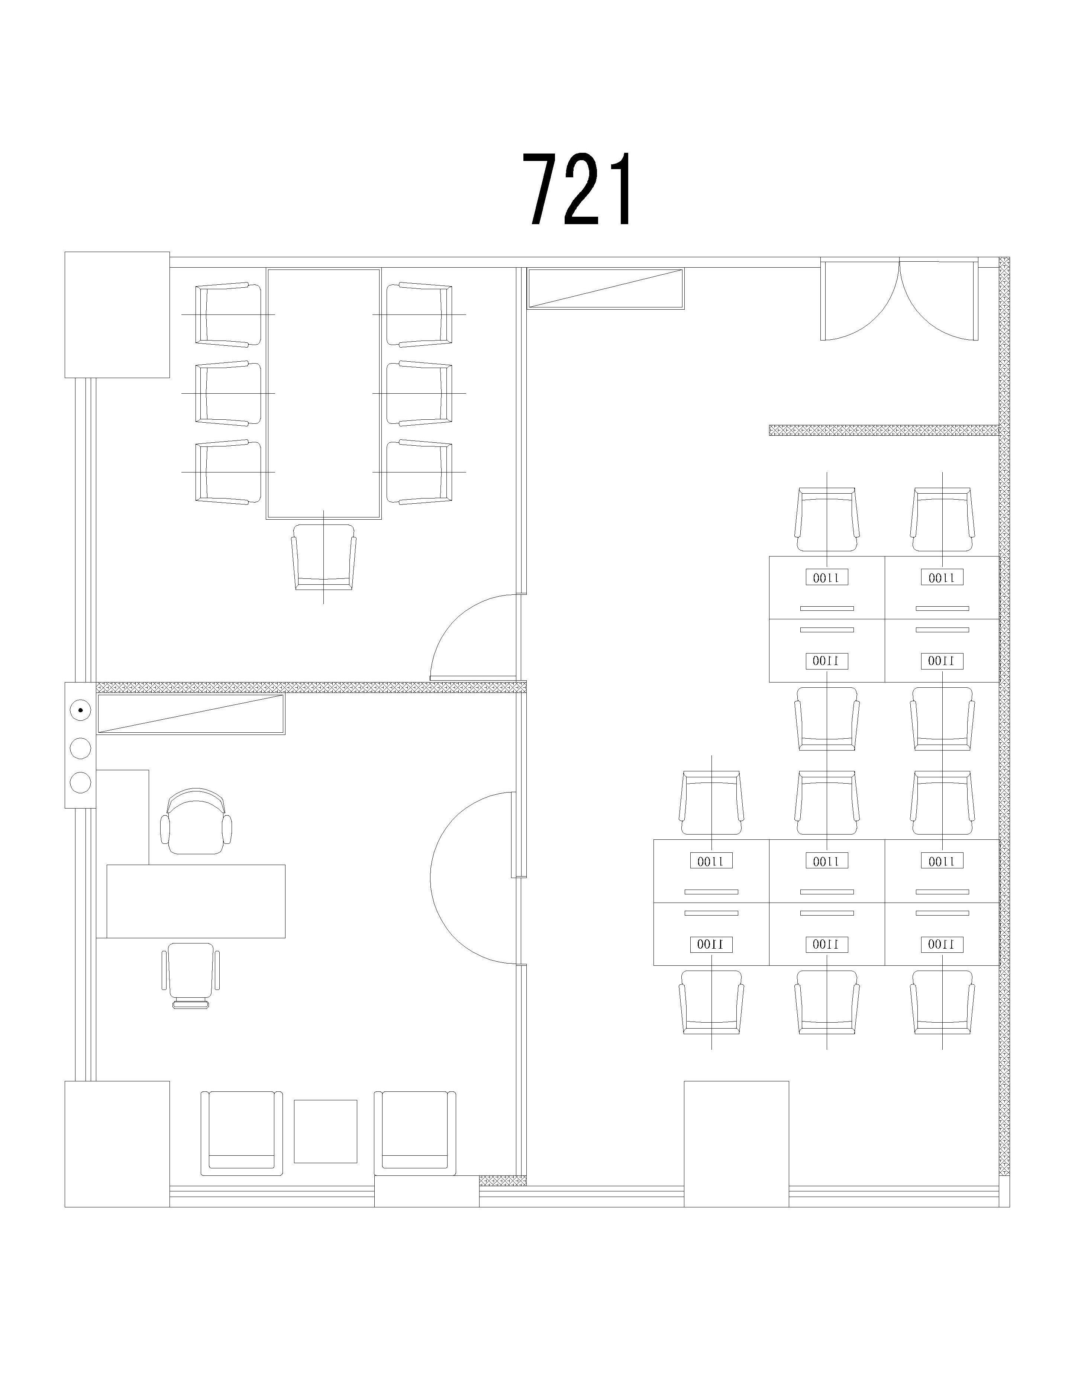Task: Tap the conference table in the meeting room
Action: (x=324, y=393)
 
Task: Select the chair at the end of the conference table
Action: (x=324, y=556)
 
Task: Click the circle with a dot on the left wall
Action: (x=80, y=709)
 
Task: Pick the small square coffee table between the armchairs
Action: (x=326, y=1131)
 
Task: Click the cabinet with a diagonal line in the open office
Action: (x=606, y=288)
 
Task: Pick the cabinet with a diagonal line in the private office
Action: (x=191, y=714)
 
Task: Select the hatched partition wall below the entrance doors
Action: (x=884, y=430)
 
